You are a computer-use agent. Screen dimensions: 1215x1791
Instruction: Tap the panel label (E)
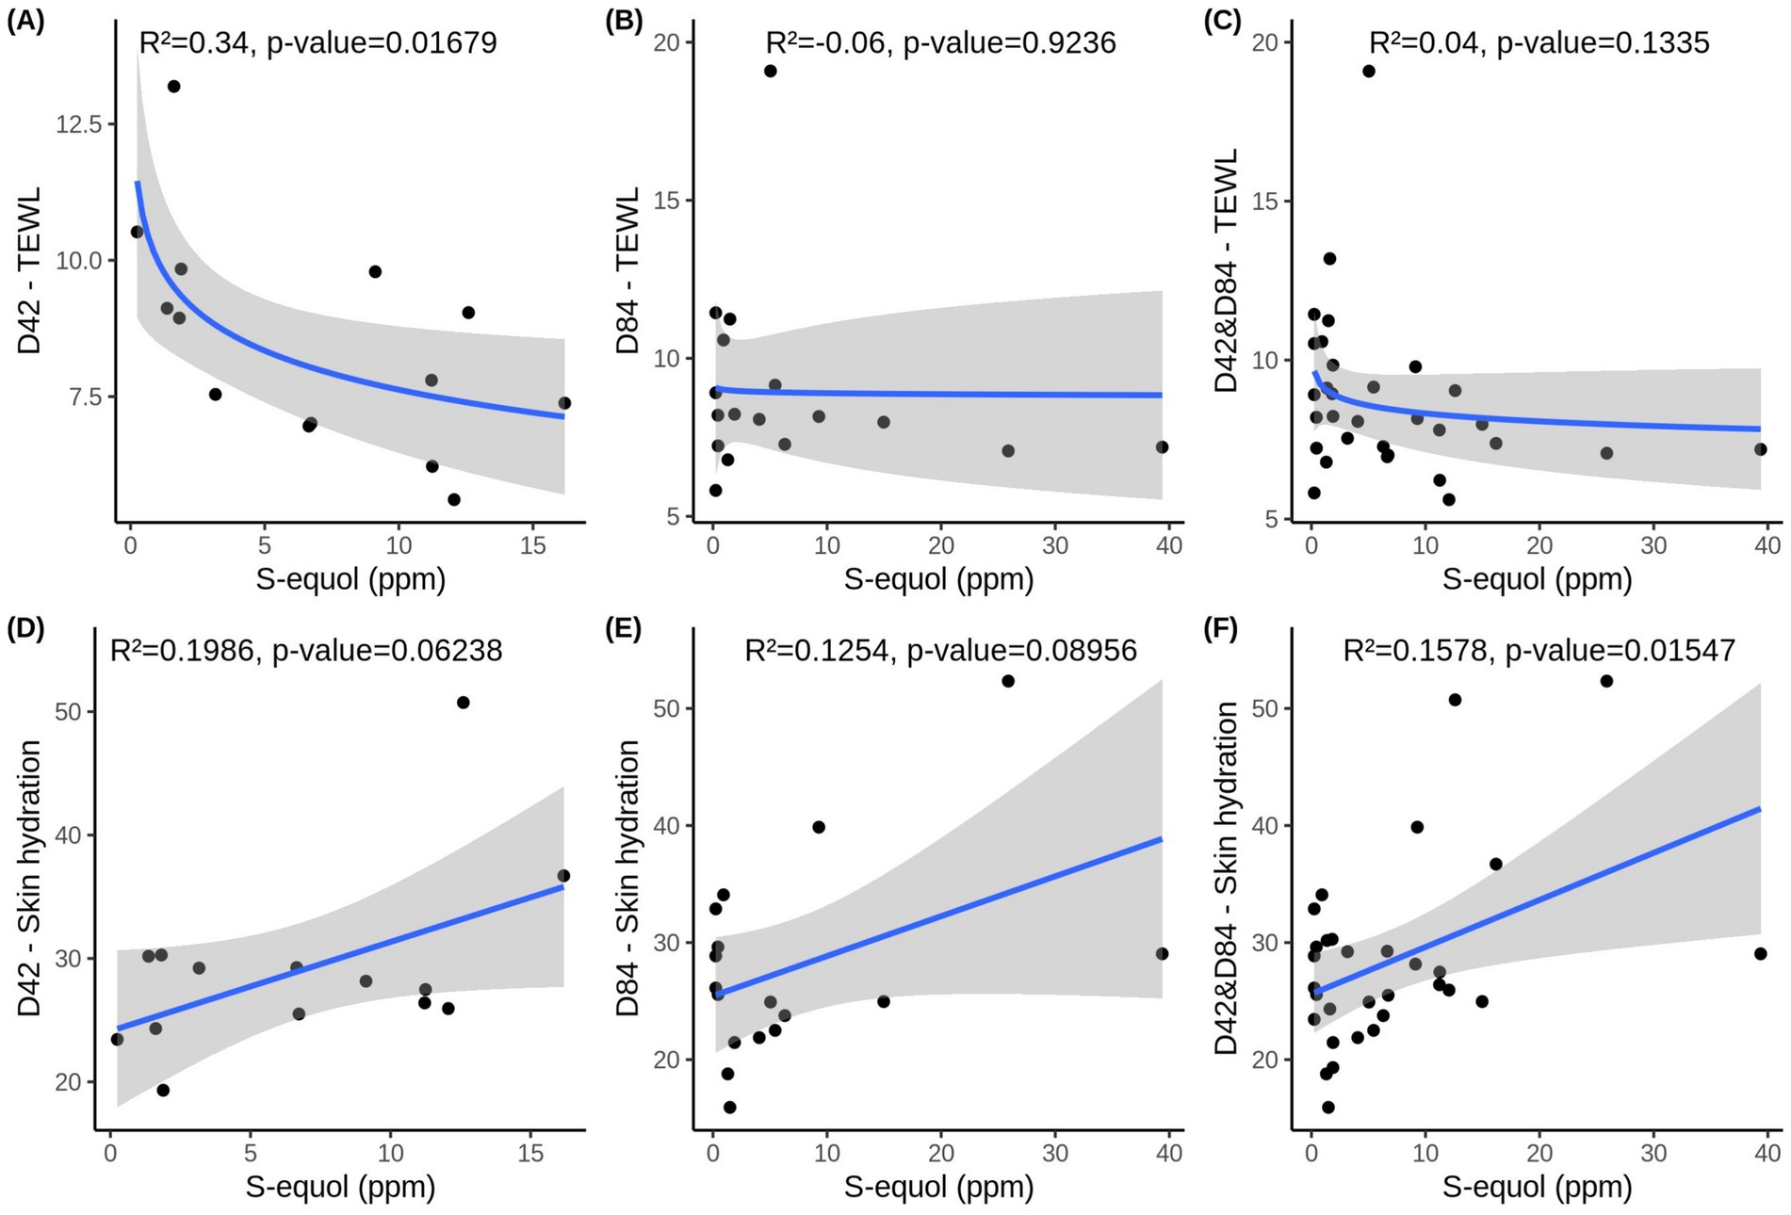623,628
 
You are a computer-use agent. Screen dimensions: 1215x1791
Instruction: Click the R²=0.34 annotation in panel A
194,42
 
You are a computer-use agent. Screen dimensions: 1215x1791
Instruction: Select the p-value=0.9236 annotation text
1009,42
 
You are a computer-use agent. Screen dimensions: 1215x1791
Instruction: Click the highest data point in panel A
173,87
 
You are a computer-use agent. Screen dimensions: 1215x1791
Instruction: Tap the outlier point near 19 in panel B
770,71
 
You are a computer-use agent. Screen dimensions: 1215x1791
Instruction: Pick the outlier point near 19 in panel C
1368,71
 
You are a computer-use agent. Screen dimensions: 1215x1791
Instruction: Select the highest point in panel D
463,703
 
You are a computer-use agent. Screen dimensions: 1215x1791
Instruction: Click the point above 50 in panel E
1007,681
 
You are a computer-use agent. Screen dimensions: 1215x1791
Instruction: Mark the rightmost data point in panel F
1760,953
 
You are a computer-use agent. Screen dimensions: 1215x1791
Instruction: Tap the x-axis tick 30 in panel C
1653,545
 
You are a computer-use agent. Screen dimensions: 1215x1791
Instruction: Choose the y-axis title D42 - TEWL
30,270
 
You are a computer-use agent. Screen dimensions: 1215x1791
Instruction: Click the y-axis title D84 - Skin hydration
627,878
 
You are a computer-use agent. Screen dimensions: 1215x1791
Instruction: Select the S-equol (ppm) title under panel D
340,1186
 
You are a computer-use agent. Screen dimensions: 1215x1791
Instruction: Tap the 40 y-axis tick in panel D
68,835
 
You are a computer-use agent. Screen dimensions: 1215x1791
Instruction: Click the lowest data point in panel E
729,1108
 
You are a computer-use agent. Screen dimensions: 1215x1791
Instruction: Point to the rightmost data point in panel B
1162,447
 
